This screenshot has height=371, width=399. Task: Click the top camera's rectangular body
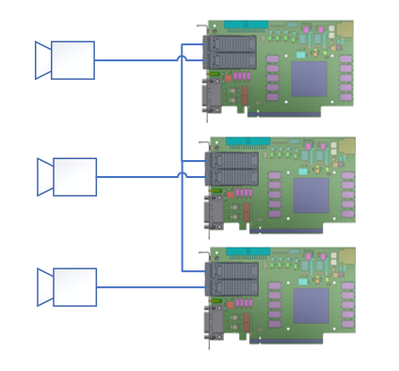pyautogui.click(x=72, y=60)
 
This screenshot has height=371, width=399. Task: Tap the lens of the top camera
pyautogui.click(x=42, y=60)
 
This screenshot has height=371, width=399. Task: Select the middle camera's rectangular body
pyautogui.click(x=74, y=177)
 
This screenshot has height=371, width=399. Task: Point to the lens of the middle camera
pyautogui.click(x=44, y=177)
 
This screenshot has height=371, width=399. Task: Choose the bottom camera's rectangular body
pyautogui.click(x=74, y=287)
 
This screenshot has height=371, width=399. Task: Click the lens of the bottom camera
pyautogui.click(x=44, y=287)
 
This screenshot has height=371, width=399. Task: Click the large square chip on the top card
pyautogui.click(x=309, y=80)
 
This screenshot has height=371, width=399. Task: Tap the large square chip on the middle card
pyautogui.click(x=311, y=196)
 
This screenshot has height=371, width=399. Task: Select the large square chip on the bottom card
pyautogui.click(x=311, y=306)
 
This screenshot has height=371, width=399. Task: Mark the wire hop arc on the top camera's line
pyautogui.click(x=182, y=58)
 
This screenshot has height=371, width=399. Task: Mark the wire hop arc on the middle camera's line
pyautogui.click(x=182, y=175)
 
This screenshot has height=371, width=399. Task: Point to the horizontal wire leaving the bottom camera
pyautogui.click(x=141, y=287)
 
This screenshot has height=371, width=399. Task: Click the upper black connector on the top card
pyautogui.click(x=233, y=44)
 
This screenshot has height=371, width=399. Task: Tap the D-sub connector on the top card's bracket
pyautogui.click(x=212, y=95)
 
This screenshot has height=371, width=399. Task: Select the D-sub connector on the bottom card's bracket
pyautogui.click(x=214, y=322)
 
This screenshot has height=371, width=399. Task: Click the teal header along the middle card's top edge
pyautogui.click(x=247, y=141)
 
